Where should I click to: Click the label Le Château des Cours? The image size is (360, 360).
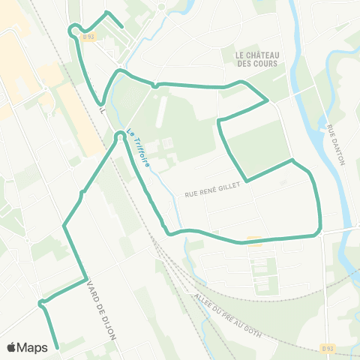point(256,59)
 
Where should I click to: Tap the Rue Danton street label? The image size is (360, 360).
point(334,146)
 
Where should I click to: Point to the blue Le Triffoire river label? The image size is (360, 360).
point(137,145)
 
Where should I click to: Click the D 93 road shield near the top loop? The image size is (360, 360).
point(89,36)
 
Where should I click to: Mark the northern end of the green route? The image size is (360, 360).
point(121,26)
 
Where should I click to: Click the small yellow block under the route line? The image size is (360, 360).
point(254,241)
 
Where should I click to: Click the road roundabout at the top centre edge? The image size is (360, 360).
point(161,7)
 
